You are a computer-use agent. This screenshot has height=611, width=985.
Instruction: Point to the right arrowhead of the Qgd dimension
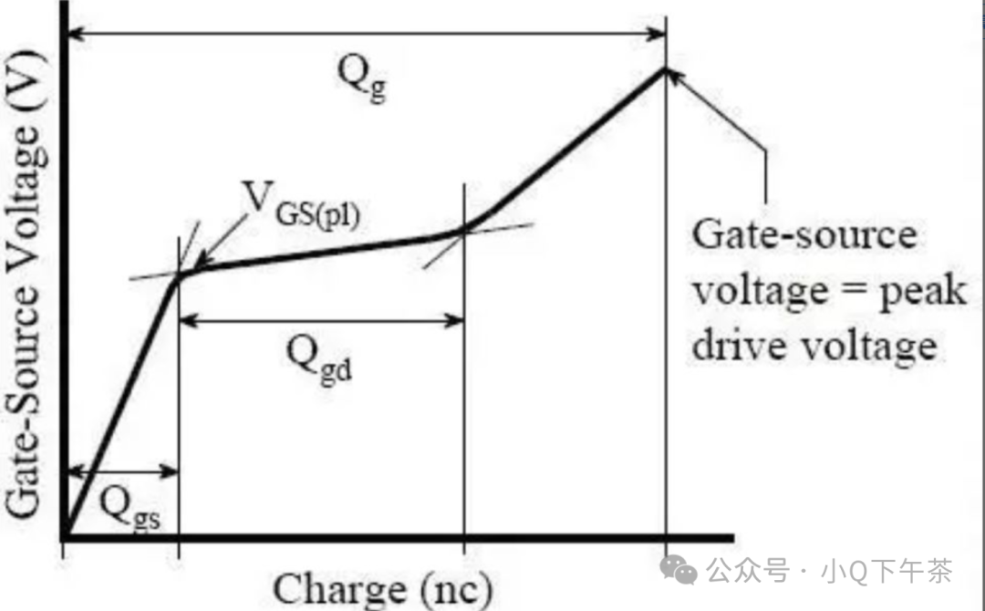coord(456,320)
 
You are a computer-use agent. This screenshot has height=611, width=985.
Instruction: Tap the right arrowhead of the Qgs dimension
coord(171,471)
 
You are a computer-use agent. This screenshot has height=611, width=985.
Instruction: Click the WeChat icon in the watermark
coord(680,571)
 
